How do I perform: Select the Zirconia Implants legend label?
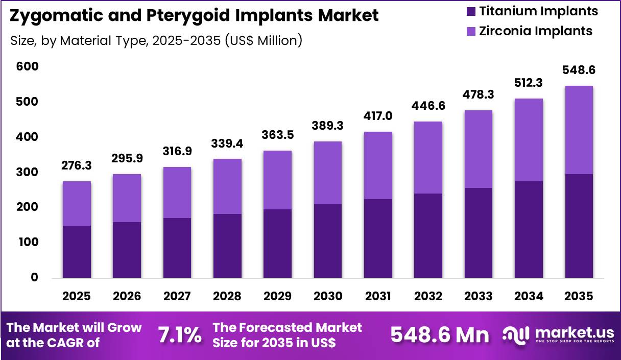(x=535, y=31)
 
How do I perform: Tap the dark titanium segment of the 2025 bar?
(x=77, y=252)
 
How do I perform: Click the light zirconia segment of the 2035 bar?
(x=579, y=130)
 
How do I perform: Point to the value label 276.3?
(x=77, y=166)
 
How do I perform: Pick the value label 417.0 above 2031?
(x=378, y=116)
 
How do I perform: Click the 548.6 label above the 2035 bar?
(x=579, y=70)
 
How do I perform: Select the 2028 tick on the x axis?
(x=227, y=296)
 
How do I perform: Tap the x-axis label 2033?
(x=479, y=296)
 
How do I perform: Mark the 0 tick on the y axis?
(x=34, y=278)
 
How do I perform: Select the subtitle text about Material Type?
(x=156, y=40)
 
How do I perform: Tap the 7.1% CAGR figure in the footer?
(x=179, y=335)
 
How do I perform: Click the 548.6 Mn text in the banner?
(x=439, y=335)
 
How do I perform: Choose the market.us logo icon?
(x=516, y=334)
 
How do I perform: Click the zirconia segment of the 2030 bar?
(x=328, y=173)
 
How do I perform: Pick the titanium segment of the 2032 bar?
(x=428, y=235)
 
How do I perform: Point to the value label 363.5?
(x=278, y=135)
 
